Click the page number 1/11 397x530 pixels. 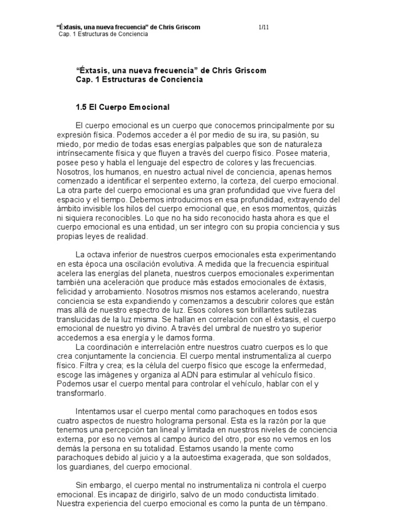click(262, 27)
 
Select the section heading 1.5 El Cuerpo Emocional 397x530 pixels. click(123, 107)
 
